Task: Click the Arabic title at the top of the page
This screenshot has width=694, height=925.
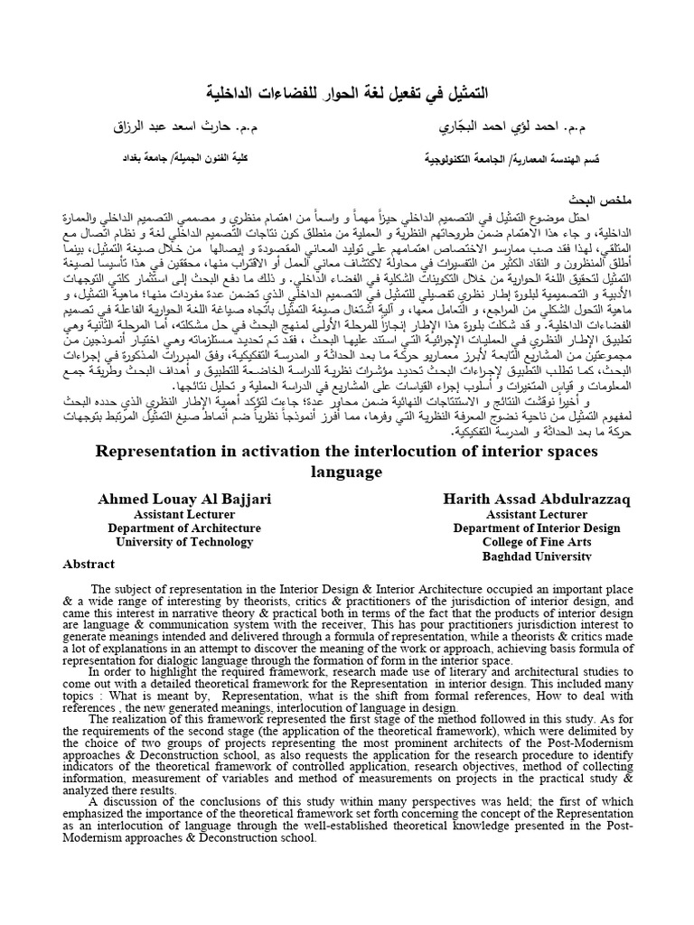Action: pos(346,93)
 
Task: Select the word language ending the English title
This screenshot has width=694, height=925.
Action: pos(346,472)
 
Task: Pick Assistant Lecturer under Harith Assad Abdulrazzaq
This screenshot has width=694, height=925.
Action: pos(522,514)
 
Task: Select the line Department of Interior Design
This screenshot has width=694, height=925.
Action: pos(522,528)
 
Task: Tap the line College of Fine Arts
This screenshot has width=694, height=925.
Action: pos(522,542)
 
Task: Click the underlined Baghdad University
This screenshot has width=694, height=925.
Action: pos(522,556)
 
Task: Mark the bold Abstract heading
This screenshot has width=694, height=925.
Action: pos(88,564)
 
